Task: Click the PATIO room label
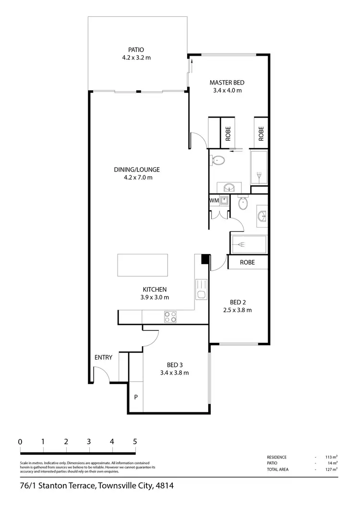[x=136, y=49]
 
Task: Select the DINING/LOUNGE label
[x=137, y=170]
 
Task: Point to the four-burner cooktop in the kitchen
[x=170, y=316]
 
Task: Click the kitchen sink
[x=202, y=294]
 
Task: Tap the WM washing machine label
[x=214, y=200]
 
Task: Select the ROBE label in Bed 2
[x=247, y=263]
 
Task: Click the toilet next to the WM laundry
[x=243, y=203]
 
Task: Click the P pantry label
[x=136, y=397]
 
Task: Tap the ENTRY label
[x=103, y=357]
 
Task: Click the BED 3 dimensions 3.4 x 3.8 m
[x=174, y=373]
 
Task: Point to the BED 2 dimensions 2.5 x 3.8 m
[x=238, y=310]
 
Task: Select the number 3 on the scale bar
[x=89, y=442]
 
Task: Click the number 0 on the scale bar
[x=20, y=442]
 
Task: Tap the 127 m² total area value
[x=331, y=470]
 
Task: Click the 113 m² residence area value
[x=331, y=457]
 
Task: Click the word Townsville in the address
[x=118, y=486]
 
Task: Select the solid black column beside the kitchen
[x=204, y=259]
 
